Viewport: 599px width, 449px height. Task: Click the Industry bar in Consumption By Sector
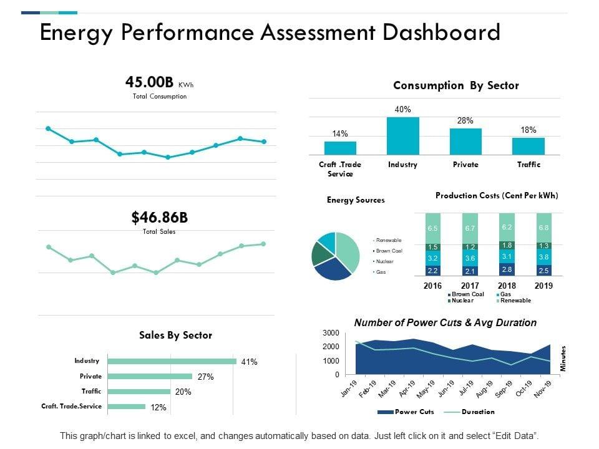coord(402,136)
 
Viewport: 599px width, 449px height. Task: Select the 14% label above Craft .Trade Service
coord(340,133)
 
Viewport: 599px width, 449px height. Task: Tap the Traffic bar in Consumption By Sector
coord(528,146)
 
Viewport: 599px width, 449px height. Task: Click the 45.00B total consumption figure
coord(150,82)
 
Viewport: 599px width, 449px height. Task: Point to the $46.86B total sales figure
coord(159,218)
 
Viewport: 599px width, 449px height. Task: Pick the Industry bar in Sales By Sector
coord(172,361)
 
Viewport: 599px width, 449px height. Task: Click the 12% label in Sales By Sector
coord(158,407)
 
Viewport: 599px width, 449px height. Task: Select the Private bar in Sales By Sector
coord(150,376)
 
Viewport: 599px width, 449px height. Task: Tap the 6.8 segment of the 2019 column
coord(544,228)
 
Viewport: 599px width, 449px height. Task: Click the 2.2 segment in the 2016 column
coord(432,271)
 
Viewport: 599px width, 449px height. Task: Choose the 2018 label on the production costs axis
coord(507,286)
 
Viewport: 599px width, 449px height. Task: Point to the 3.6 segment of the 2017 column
coord(470,258)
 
